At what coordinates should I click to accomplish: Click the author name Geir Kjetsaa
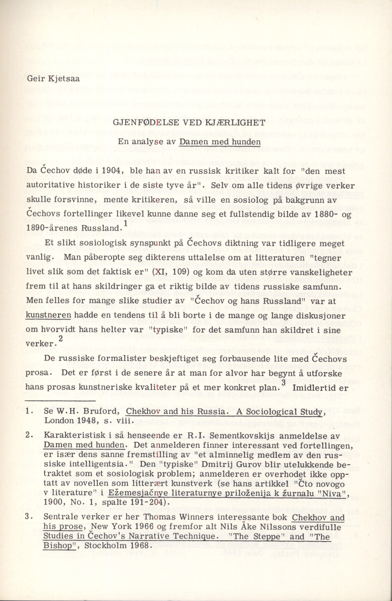pos(53,79)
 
